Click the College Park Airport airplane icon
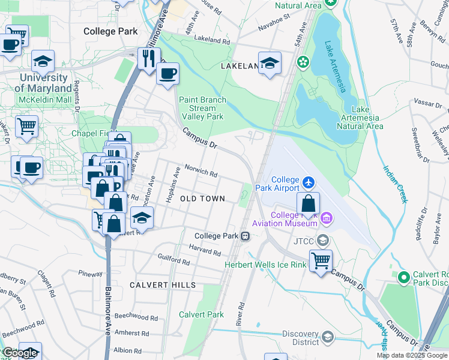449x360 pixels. (309, 181)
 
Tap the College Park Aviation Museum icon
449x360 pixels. (327, 217)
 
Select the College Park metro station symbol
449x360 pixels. (246, 236)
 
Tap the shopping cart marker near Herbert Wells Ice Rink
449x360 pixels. (321, 260)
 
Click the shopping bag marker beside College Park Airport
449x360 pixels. (308, 204)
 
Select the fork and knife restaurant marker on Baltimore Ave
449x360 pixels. (147, 58)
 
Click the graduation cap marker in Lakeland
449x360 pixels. (270, 62)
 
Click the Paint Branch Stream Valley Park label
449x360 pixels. (202, 108)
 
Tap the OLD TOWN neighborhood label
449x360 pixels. (202, 199)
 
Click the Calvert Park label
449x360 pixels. (201, 314)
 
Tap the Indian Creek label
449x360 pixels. (394, 183)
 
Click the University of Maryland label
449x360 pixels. (43, 83)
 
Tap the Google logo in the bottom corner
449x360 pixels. (19, 353)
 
